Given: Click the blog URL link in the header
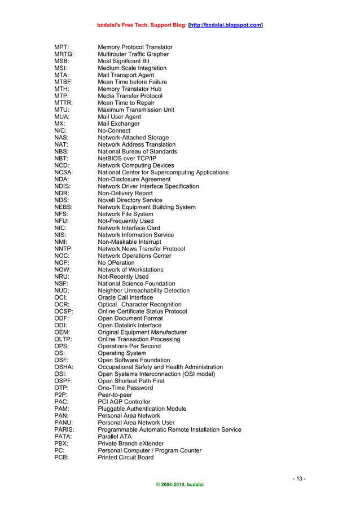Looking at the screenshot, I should (x=226, y=25).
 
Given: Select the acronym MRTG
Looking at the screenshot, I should (x=64, y=54).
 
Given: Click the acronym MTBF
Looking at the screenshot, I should (x=64, y=82).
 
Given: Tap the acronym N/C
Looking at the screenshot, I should (x=60, y=130).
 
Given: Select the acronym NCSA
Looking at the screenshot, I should (x=64, y=172).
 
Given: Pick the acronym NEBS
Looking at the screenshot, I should (x=64, y=207).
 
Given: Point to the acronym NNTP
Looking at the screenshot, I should (x=64, y=249).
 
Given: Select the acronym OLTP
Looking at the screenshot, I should (x=63, y=339).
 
